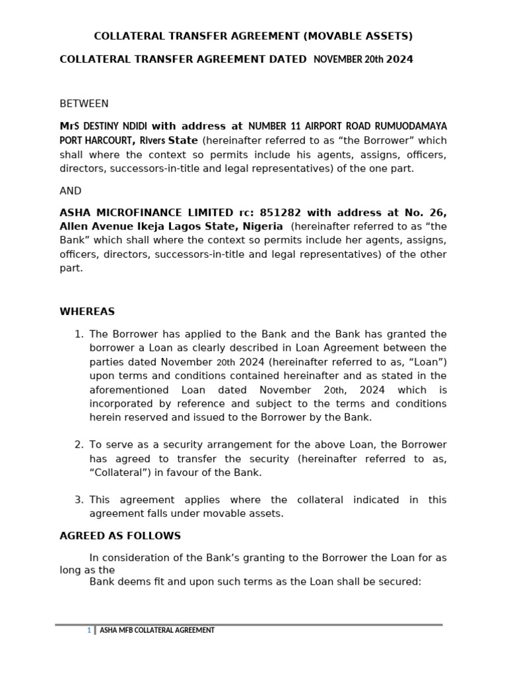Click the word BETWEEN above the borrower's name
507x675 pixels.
[84, 103]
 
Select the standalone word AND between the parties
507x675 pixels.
[71, 191]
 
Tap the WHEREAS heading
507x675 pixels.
[87, 311]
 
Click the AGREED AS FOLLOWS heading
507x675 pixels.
[120, 536]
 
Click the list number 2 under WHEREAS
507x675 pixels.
[79, 444]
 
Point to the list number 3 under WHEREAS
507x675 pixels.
[79, 500]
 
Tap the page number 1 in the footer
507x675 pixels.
[88, 630]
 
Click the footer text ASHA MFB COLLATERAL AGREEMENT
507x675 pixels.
[156, 630]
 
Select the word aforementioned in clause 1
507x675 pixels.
[125, 390]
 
